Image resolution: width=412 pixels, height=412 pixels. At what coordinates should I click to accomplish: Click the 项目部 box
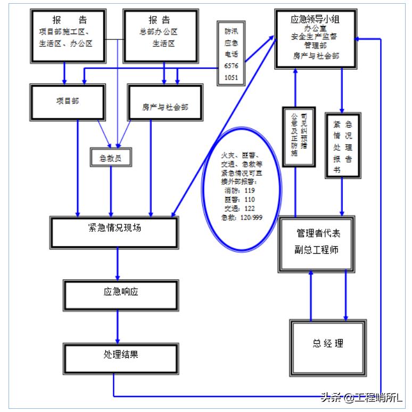(x=67, y=101)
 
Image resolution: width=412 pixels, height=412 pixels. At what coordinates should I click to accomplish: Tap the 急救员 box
(x=111, y=157)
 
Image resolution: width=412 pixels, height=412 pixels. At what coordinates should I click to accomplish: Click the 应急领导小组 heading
(x=315, y=19)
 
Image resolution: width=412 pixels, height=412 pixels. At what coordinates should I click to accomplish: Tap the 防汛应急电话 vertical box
(x=231, y=53)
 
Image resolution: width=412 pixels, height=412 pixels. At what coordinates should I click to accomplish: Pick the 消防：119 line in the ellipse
(x=240, y=190)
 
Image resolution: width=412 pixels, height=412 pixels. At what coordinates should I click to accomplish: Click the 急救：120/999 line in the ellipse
(x=242, y=217)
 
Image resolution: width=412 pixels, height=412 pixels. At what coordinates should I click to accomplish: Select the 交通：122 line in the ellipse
(x=240, y=208)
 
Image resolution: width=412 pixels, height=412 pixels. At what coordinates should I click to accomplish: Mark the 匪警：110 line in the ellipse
(x=240, y=199)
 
